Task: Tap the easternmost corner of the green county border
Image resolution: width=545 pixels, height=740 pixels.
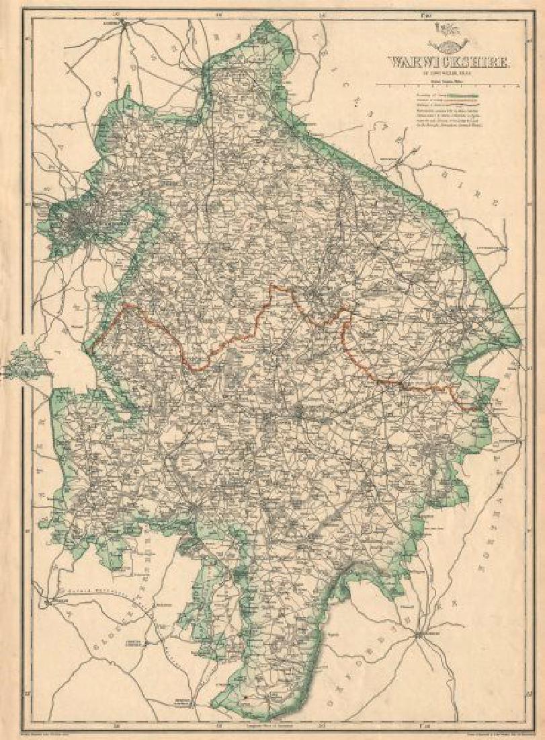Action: click(520, 340)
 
